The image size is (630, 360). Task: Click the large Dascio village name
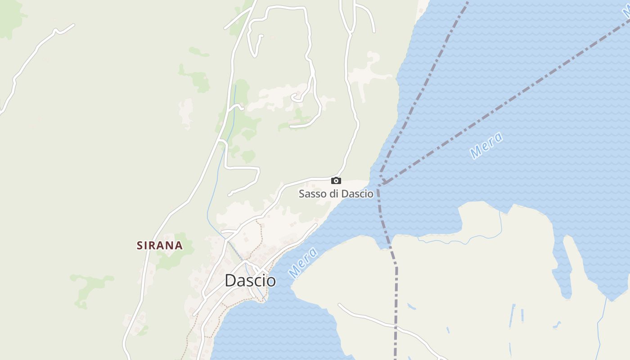(250, 280)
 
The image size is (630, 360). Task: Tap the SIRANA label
(160, 245)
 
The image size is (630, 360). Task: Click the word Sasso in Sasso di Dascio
(311, 194)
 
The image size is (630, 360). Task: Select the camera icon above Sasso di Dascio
(336, 180)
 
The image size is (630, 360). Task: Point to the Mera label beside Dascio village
(303, 262)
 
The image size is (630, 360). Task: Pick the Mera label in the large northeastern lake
(486, 145)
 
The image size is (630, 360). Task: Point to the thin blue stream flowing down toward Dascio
(216, 180)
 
